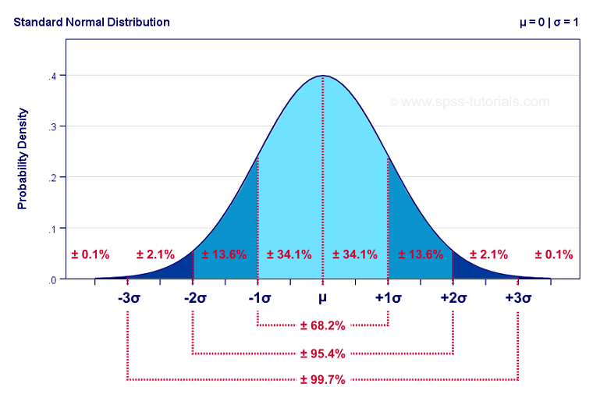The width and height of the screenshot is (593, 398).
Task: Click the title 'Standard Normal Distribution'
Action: [x=91, y=22]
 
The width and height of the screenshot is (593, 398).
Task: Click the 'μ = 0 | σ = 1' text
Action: [x=549, y=22]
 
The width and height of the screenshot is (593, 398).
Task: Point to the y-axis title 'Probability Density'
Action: [x=23, y=158]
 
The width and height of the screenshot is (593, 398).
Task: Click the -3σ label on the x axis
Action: [x=128, y=299]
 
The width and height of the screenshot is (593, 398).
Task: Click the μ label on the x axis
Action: [x=322, y=299]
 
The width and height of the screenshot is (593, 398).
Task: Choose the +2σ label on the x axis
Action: [x=453, y=299]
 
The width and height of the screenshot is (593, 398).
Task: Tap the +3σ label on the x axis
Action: [x=517, y=299]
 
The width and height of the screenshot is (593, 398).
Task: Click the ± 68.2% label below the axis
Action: [x=322, y=325]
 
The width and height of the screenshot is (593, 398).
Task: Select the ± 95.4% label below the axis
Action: [x=322, y=354]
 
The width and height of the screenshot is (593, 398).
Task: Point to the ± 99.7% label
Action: [x=322, y=380]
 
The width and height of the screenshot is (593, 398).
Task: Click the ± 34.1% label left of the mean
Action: [x=289, y=254]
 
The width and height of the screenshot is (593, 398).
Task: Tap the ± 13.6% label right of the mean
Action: [x=421, y=254]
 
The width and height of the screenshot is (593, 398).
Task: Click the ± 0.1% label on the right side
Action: [x=554, y=254]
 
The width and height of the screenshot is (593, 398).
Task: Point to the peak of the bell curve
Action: [x=322, y=76]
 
